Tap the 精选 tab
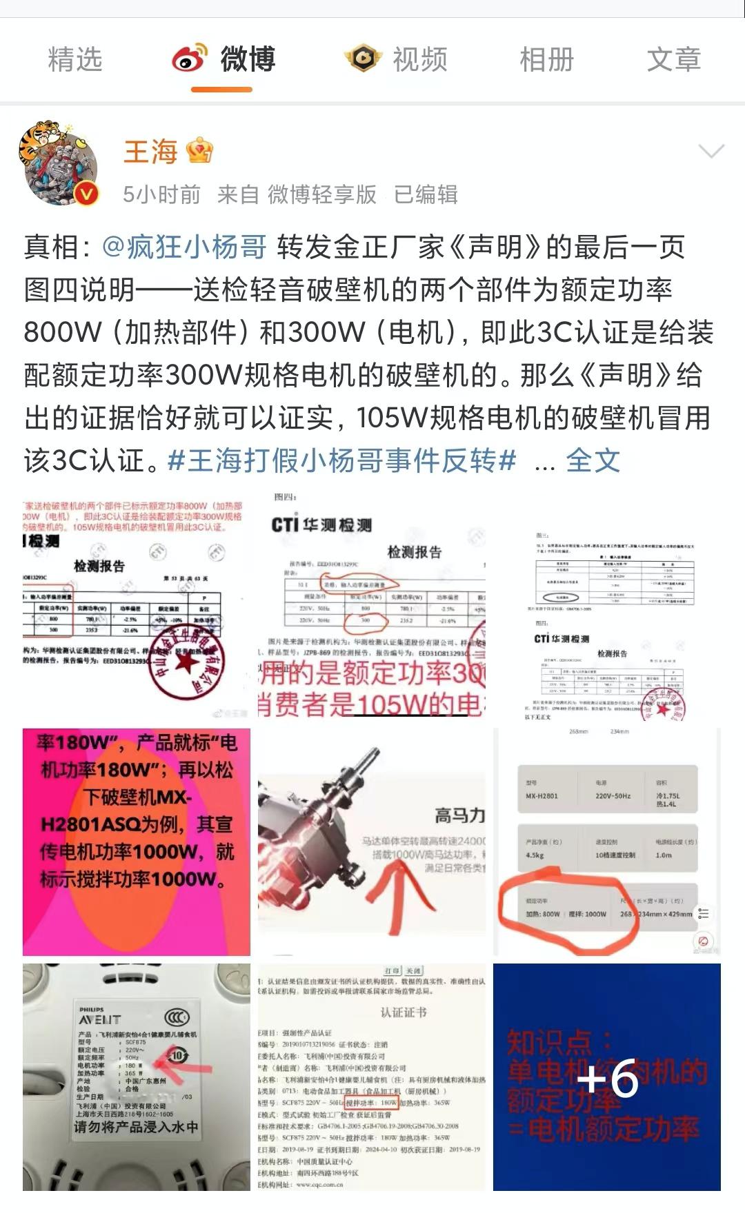(74, 59)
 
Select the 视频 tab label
(419, 59)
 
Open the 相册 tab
(546, 59)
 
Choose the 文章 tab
(673, 59)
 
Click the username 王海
(150, 152)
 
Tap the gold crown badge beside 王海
(199, 151)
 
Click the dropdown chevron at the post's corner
(711, 151)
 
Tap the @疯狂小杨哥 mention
(184, 247)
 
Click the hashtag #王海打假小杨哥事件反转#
(341, 460)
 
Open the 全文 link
(593, 460)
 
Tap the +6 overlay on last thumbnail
(607, 1077)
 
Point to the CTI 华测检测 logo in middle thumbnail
(321, 524)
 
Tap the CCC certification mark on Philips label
(177, 1019)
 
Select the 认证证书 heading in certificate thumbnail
(404, 1012)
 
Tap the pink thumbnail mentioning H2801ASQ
(137, 842)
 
